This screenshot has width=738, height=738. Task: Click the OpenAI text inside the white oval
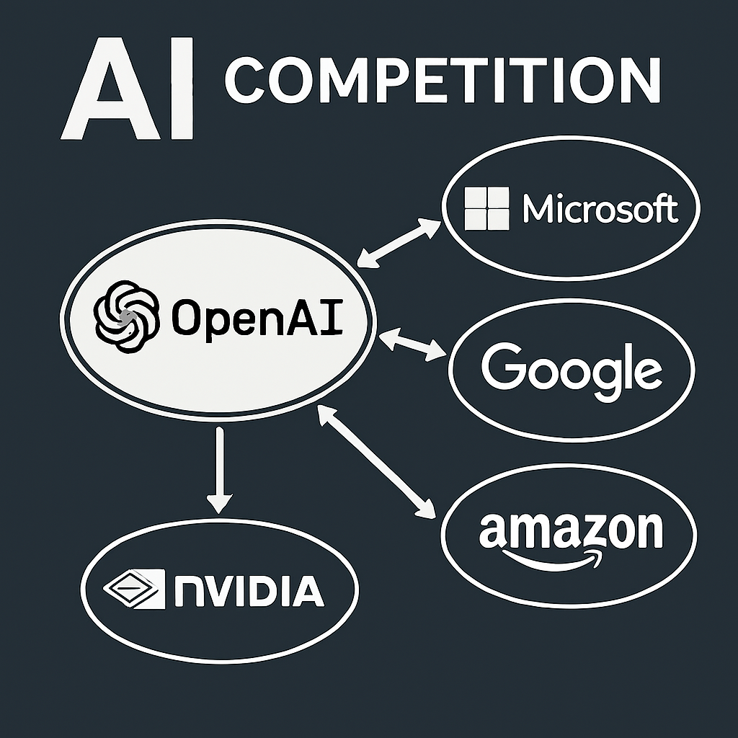[257, 318]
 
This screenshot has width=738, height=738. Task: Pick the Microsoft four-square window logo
[486, 209]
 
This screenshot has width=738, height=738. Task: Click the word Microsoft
[600, 209]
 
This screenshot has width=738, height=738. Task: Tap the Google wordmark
[571, 368]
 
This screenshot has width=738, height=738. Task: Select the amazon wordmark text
[570, 530]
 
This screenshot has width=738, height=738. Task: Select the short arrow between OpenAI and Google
[412, 344]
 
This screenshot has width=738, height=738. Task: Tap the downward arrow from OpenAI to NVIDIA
[220, 468]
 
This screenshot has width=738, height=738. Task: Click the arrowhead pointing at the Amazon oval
[427, 509]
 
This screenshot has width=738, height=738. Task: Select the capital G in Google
[503, 366]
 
